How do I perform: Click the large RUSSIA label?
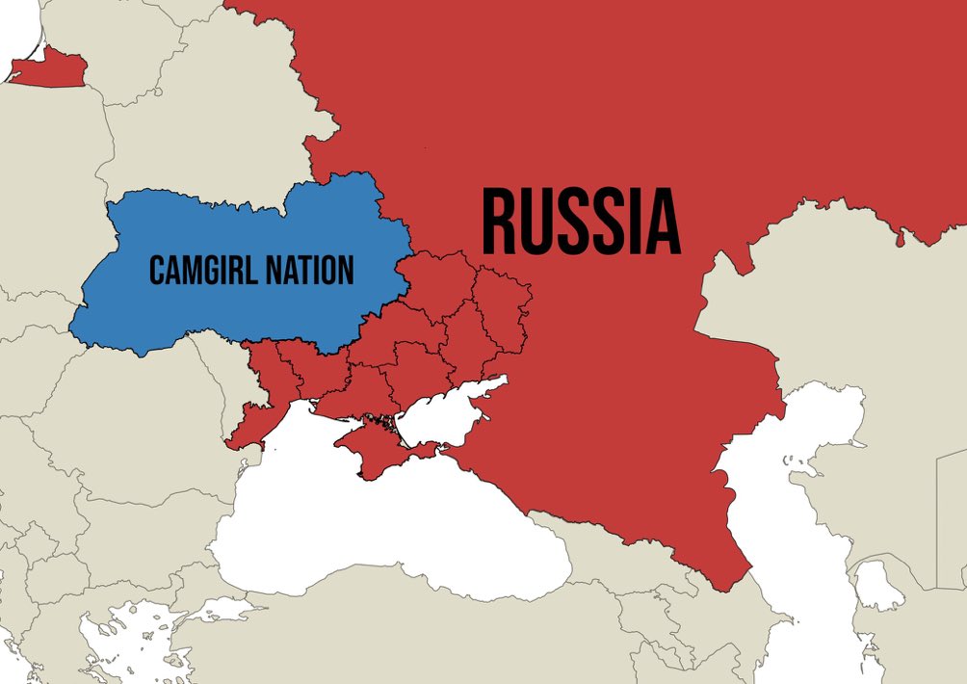[x=581, y=224]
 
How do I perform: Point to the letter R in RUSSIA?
[x=500, y=224]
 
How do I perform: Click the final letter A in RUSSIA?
[x=663, y=224]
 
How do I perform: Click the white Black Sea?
[x=385, y=539]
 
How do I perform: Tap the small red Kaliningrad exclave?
[x=48, y=69]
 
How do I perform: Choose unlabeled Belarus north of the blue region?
[x=212, y=125]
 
